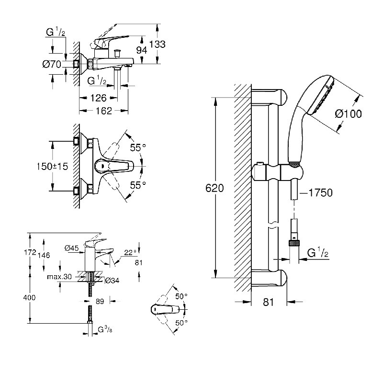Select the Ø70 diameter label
[x=52, y=65]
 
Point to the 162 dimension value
[x=102, y=111]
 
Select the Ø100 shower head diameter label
[x=349, y=114]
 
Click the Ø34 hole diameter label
[x=111, y=280]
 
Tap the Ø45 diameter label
[x=72, y=248]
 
